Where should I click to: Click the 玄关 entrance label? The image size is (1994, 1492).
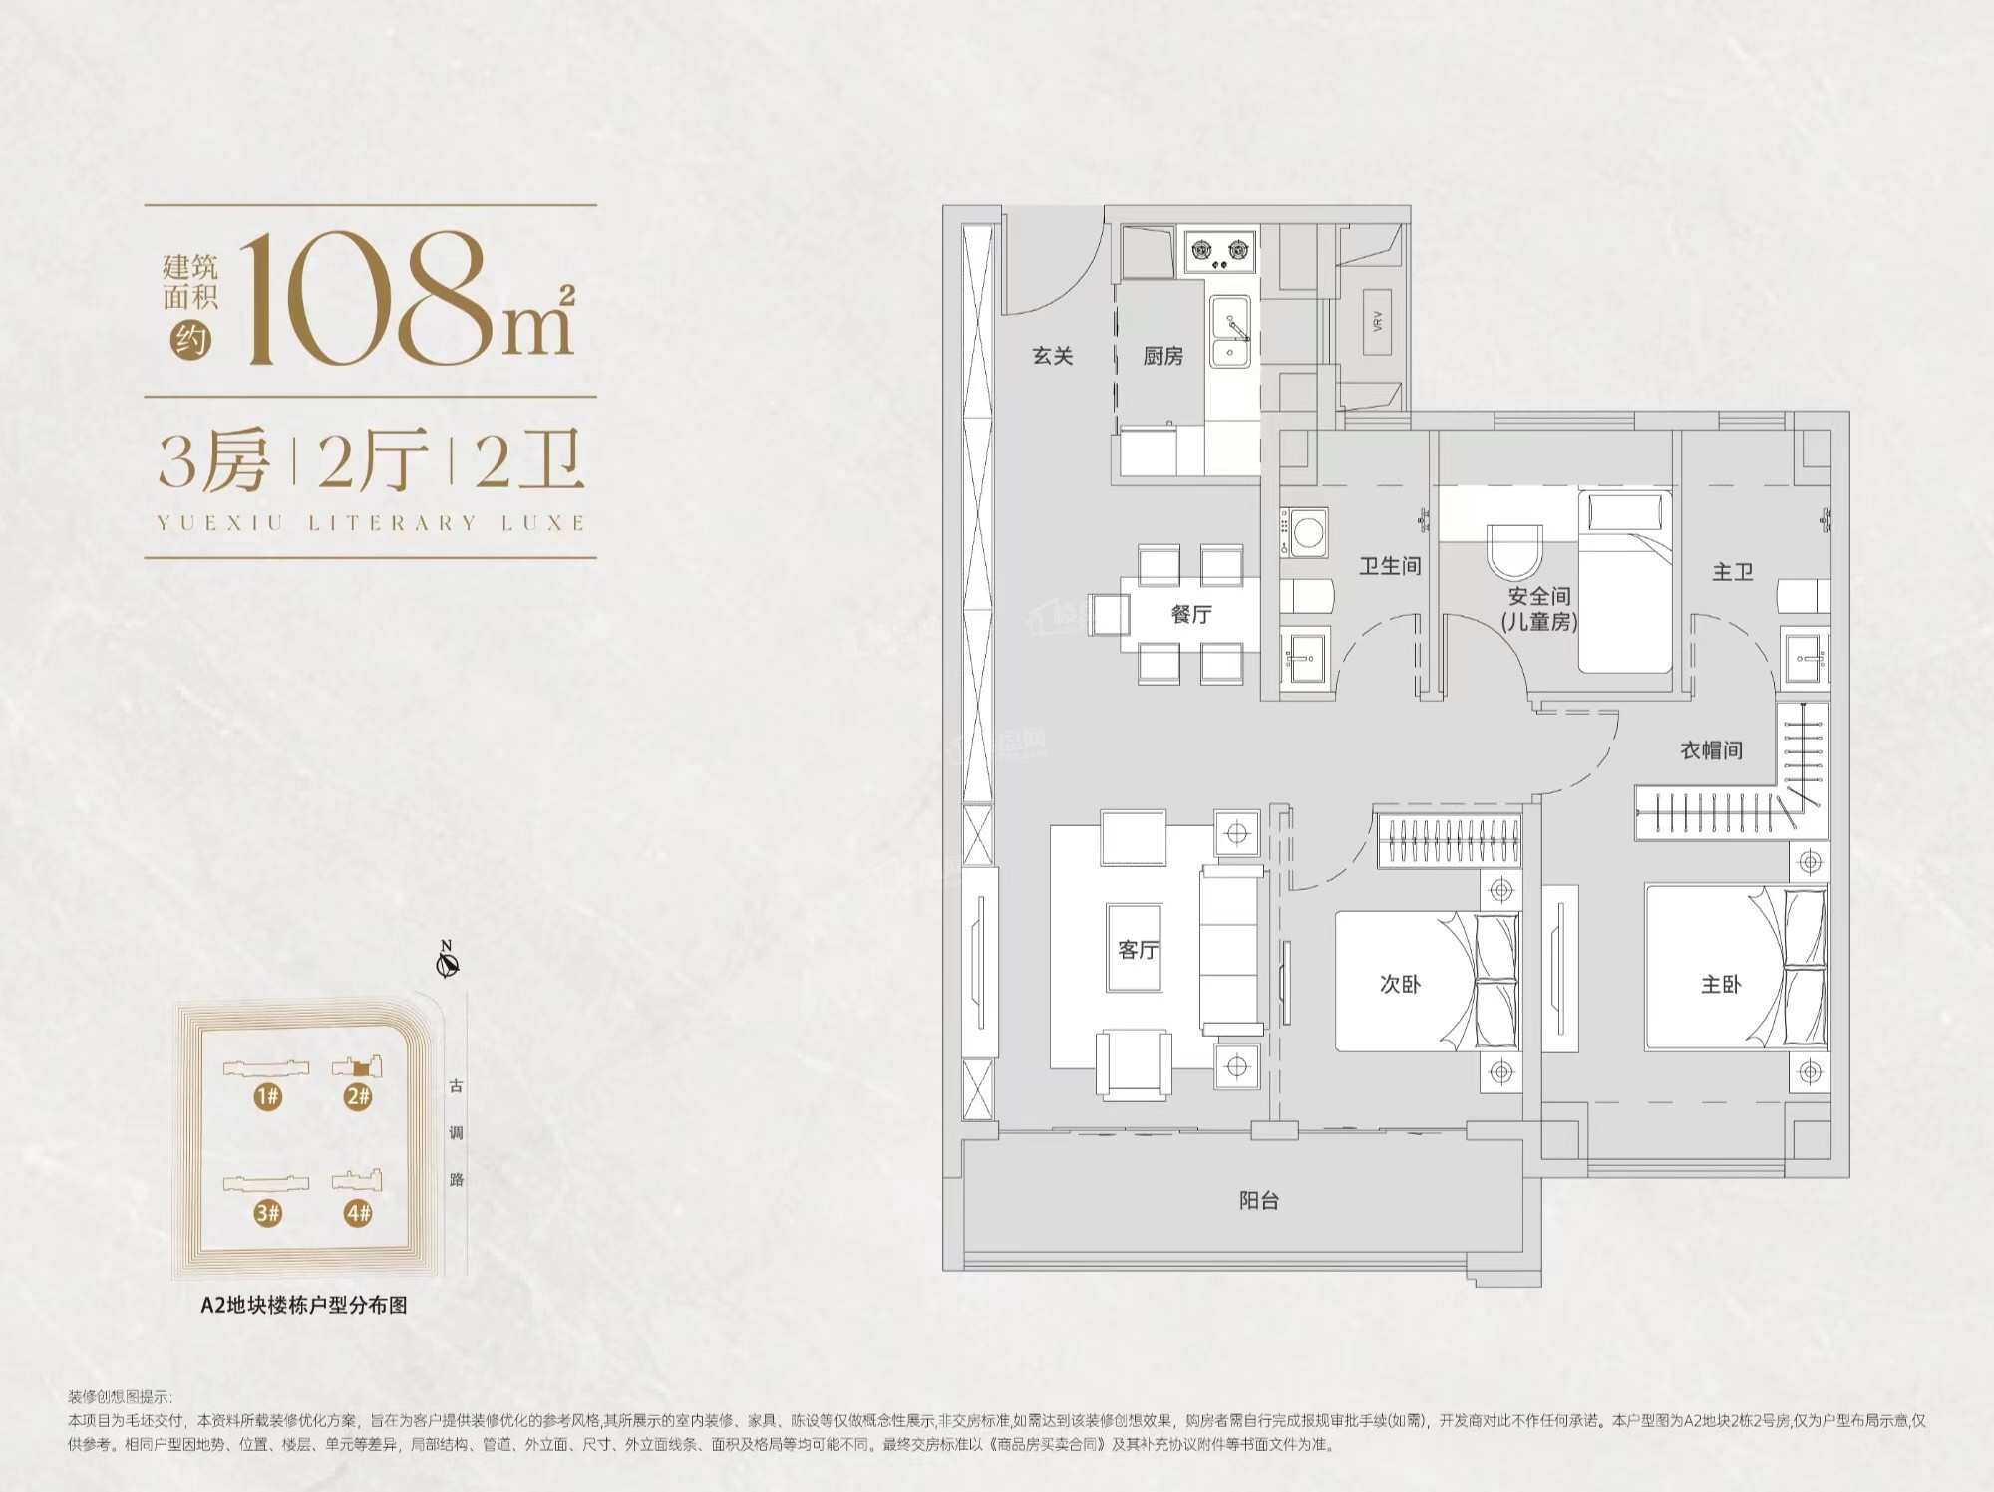click(x=1052, y=356)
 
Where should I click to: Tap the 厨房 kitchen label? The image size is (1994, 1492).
click(x=1163, y=356)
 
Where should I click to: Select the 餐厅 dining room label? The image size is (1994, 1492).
click(x=1191, y=614)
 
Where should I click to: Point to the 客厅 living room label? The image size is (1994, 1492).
click(x=1138, y=949)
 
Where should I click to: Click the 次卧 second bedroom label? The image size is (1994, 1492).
click(x=1400, y=984)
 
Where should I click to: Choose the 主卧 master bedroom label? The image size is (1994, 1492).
click(x=1721, y=984)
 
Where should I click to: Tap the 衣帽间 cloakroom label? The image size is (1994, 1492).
click(x=1712, y=750)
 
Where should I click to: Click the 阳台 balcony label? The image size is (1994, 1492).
click(x=1259, y=1200)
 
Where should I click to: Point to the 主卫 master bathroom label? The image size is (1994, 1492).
click(x=1733, y=572)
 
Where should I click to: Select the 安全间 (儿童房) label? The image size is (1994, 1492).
click(x=1539, y=609)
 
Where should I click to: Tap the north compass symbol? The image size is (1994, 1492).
click(x=448, y=962)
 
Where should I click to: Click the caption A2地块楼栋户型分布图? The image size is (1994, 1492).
click(x=304, y=1305)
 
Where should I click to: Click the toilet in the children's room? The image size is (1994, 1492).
click(x=1513, y=551)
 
